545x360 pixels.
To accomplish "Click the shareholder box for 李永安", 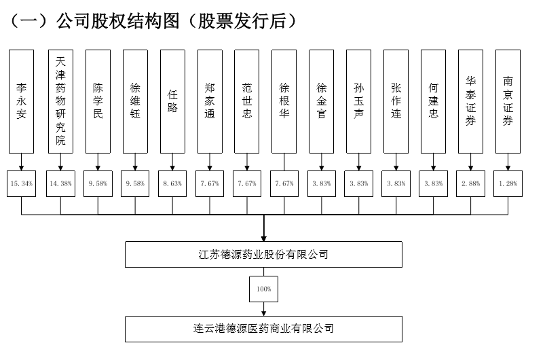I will click(x=22, y=101).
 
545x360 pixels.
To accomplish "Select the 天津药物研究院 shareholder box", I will click(x=60, y=101).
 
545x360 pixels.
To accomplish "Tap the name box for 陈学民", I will click(x=98, y=101).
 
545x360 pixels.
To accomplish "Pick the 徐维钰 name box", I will click(x=135, y=101).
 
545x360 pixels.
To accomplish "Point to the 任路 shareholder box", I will click(x=172, y=101).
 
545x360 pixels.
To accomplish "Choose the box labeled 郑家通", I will click(x=210, y=101).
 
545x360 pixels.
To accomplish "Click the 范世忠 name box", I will click(x=247, y=101).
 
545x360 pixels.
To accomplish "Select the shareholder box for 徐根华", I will click(x=284, y=101).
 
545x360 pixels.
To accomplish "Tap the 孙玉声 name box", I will click(x=359, y=101).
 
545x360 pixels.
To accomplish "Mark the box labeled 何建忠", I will click(x=434, y=101).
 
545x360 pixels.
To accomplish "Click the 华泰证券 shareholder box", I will click(x=471, y=101).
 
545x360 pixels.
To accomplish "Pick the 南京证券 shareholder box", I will click(x=508, y=101).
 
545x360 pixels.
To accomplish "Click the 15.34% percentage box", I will click(x=22, y=183).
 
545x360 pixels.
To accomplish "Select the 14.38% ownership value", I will click(x=60, y=183).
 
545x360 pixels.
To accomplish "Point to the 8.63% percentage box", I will click(x=172, y=183).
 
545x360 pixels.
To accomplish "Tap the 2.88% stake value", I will click(x=471, y=183).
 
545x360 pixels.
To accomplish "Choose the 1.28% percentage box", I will click(x=508, y=183).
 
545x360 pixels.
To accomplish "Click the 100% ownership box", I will click(x=263, y=289).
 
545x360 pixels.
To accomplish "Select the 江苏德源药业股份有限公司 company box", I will click(x=263, y=254).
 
